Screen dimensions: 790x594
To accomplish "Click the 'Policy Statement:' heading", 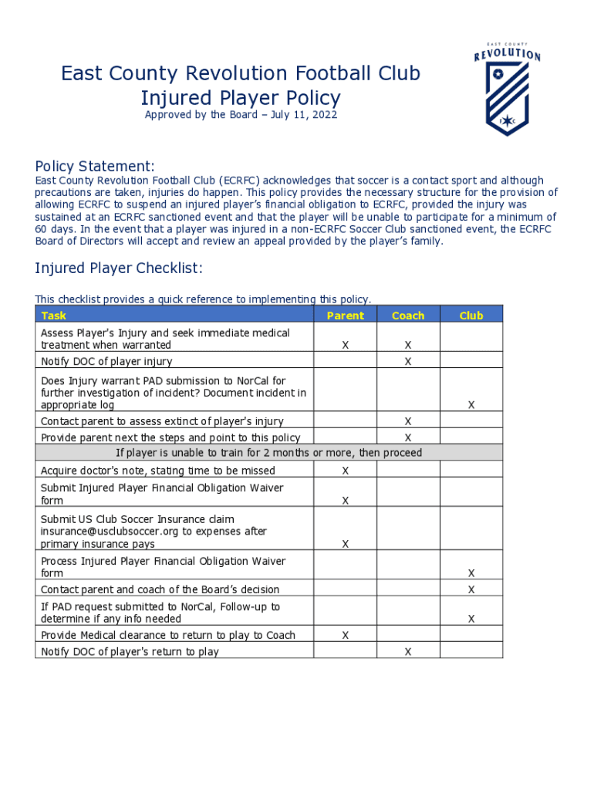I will click(x=95, y=167).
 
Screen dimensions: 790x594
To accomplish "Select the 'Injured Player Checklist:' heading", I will click(x=119, y=268).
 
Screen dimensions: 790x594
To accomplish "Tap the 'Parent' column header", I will click(x=345, y=316).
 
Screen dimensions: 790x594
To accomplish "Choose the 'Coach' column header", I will click(x=408, y=316).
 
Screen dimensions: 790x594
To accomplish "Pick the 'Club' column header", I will click(x=471, y=316).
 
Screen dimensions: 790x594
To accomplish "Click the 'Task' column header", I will click(x=53, y=316).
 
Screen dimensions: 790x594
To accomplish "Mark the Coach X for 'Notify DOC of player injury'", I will click(x=408, y=361).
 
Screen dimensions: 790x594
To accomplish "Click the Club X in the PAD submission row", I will click(x=471, y=405).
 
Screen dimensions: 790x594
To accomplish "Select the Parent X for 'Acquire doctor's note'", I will click(x=346, y=471).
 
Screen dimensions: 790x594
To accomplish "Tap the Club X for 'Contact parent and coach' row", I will click(x=471, y=590).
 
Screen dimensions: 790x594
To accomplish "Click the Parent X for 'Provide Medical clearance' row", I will click(x=346, y=635).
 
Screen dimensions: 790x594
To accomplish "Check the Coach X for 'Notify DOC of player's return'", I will click(x=408, y=652).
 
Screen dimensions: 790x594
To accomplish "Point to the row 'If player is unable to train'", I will click(x=268, y=453).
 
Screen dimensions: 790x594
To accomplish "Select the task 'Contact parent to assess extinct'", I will click(x=162, y=421).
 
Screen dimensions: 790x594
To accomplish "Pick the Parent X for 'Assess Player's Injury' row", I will click(x=346, y=346).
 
